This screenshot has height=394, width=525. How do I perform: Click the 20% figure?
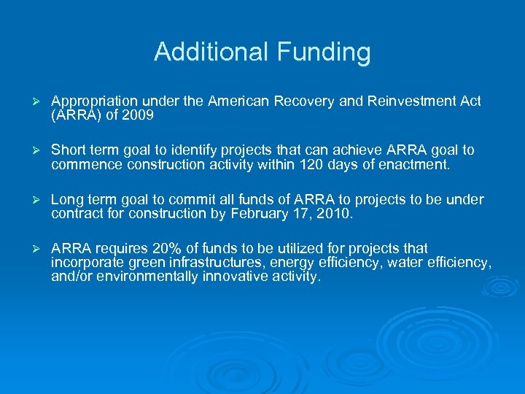pos(171,249)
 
